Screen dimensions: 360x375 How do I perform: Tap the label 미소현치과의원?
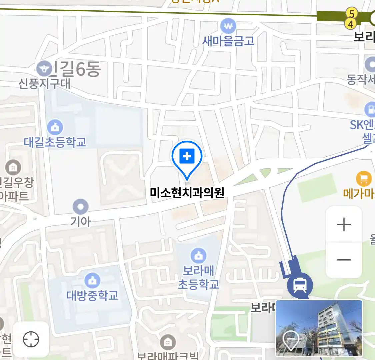coord(187,193)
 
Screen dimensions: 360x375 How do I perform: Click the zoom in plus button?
coord(344,225)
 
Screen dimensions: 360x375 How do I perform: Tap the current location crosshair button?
coord(31,340)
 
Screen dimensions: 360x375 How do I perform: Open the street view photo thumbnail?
coord(319,328)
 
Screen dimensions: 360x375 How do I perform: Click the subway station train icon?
coord(300,285)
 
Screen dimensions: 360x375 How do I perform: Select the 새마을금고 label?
coord(228,41)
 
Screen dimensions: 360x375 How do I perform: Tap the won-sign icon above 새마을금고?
coord(228,26)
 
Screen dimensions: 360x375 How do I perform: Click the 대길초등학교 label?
coord(55,142)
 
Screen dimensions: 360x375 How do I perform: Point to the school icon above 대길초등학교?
coord(55,127)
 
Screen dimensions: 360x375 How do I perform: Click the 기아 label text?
coord(80,221)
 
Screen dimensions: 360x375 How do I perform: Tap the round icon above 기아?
coord(80,207)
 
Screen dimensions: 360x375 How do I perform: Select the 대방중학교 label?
coord(92,295)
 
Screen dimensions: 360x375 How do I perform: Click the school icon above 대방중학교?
coord(92,281)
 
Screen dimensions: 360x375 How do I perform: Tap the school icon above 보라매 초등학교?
coord(198,256)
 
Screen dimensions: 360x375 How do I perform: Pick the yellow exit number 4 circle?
coord(350,24)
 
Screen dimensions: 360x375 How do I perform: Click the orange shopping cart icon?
coord(364,179)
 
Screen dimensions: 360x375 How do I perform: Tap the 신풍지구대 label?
coord(44,83)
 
